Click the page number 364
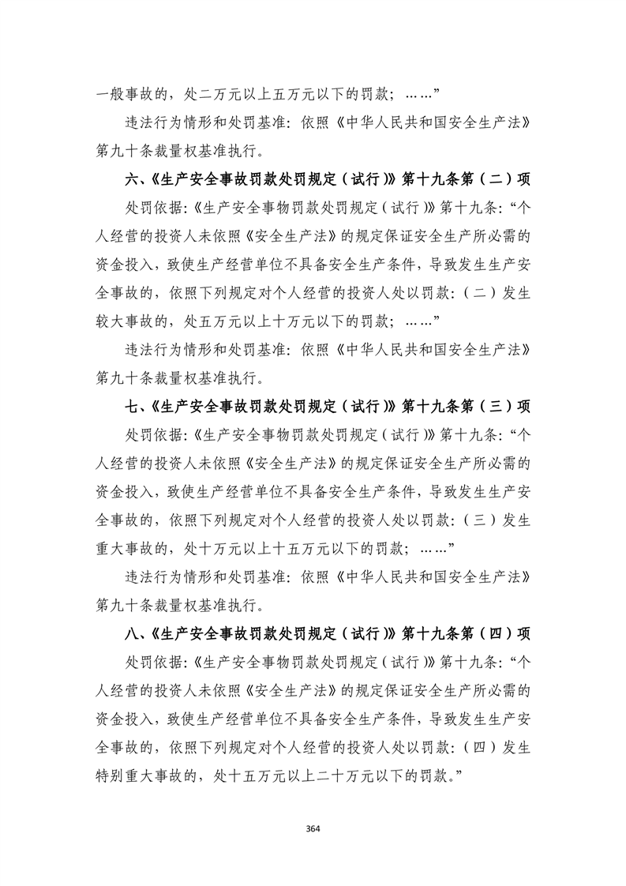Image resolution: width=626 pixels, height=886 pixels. click(313, 828)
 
